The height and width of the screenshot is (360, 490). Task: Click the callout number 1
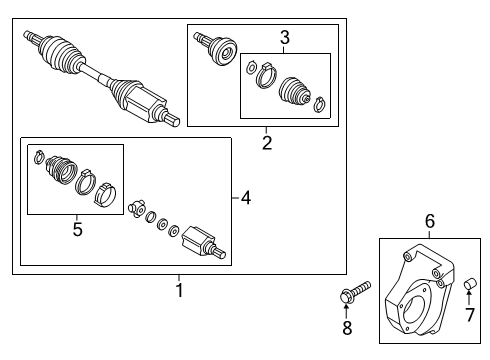179,291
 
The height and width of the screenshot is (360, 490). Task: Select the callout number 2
267,143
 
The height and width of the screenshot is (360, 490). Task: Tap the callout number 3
285,38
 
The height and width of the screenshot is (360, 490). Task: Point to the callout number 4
246,198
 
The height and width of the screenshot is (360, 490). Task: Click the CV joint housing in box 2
217,50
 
